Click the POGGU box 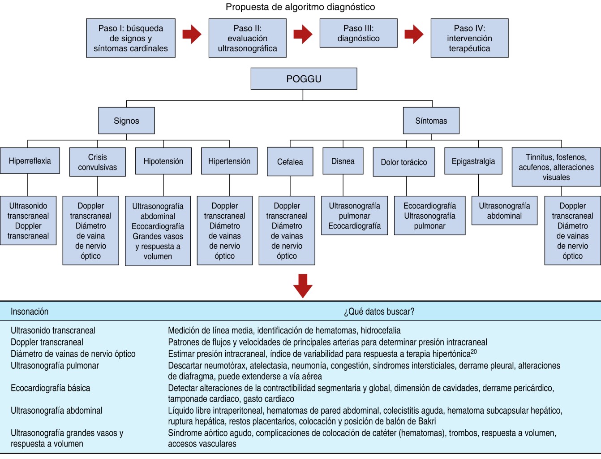(304, 79)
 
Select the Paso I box (131, 38)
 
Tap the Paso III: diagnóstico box (358, 33)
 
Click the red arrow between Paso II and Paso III (303, 34)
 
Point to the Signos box (127, 121)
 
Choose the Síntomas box (431, 121)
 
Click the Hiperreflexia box (30, 161)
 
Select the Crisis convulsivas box (97, 162)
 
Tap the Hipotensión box (163, 161)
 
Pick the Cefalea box (290, 162)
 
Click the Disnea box (343, 161)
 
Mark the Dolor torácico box (404, 162)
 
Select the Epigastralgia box (473, 161)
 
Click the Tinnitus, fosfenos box (556, 167)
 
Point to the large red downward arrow (303, 286)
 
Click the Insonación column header (30, 312)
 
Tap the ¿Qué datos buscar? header (379, 312)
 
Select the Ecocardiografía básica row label (51, 388)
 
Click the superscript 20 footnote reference (474, 352)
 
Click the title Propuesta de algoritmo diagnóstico (300, 7)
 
